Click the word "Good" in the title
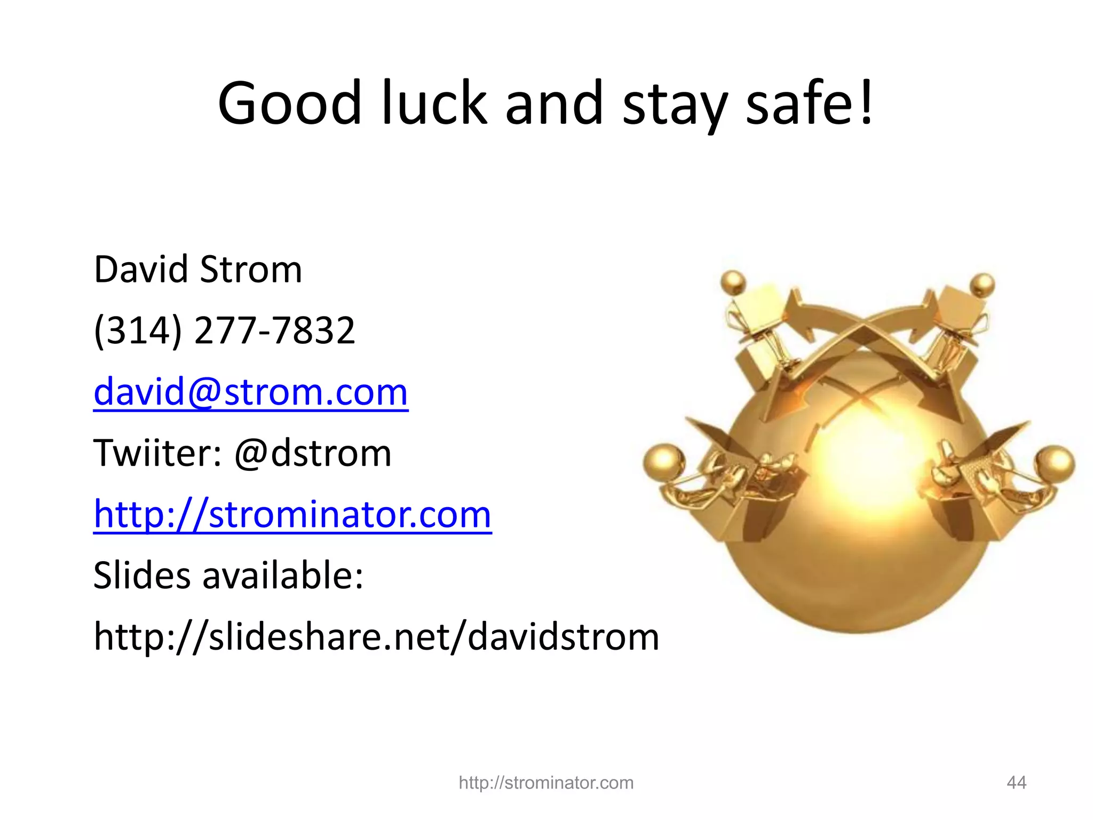tap(290, 102)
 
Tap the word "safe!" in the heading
tap(810, 102)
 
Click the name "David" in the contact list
tap(141, 269)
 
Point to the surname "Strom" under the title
tap(251, 269)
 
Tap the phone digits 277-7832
tap(275, 330)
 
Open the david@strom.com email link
tap(251, 392)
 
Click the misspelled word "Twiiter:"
tap(157, 453)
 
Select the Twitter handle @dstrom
tap(313, 453)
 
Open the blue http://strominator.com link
tap(292, 514)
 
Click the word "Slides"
tap(141, 575)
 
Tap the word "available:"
tap(283, 575)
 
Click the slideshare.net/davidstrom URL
tap(376, 637)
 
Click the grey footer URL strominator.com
tap(546, 783)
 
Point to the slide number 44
tap(1016, 783)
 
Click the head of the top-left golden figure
tap(733, 281)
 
